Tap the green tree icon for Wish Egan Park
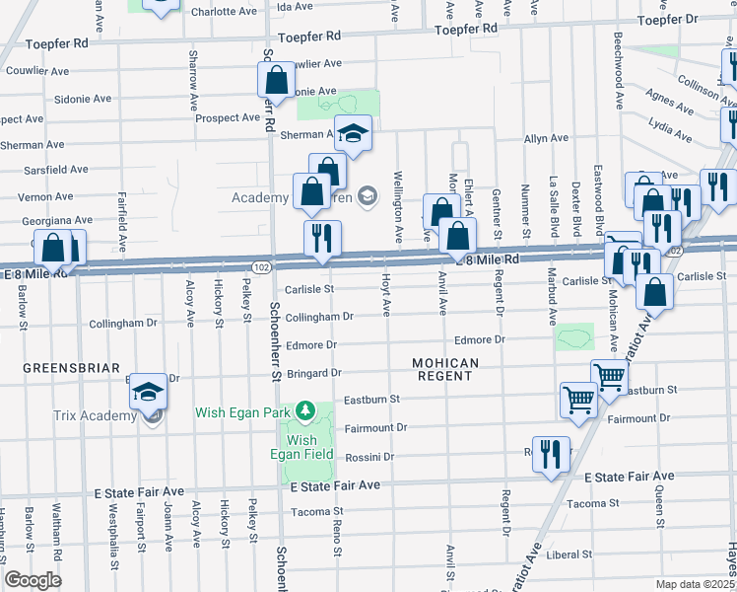click(306, 410)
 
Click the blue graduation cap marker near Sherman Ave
click(353, 132)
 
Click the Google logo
click(33, 580)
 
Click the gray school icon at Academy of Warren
click(367, 196)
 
